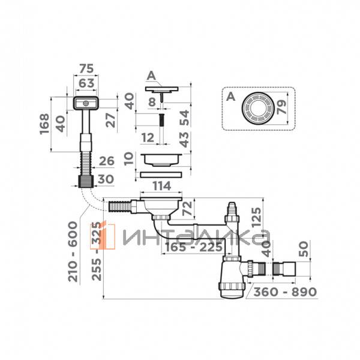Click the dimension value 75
click(x=86, y=68)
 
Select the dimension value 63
click(x=86, y=83)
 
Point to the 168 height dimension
click(x=44, y=124)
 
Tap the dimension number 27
click(x=110, y=121)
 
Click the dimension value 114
click(x=161, y=186)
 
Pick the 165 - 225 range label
click(x=194, y=247)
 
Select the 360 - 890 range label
click(x=285, y=292)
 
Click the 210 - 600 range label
click(x=73, y=251)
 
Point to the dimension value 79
click(x=282, y=107)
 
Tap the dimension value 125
click(x=256, y=217)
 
